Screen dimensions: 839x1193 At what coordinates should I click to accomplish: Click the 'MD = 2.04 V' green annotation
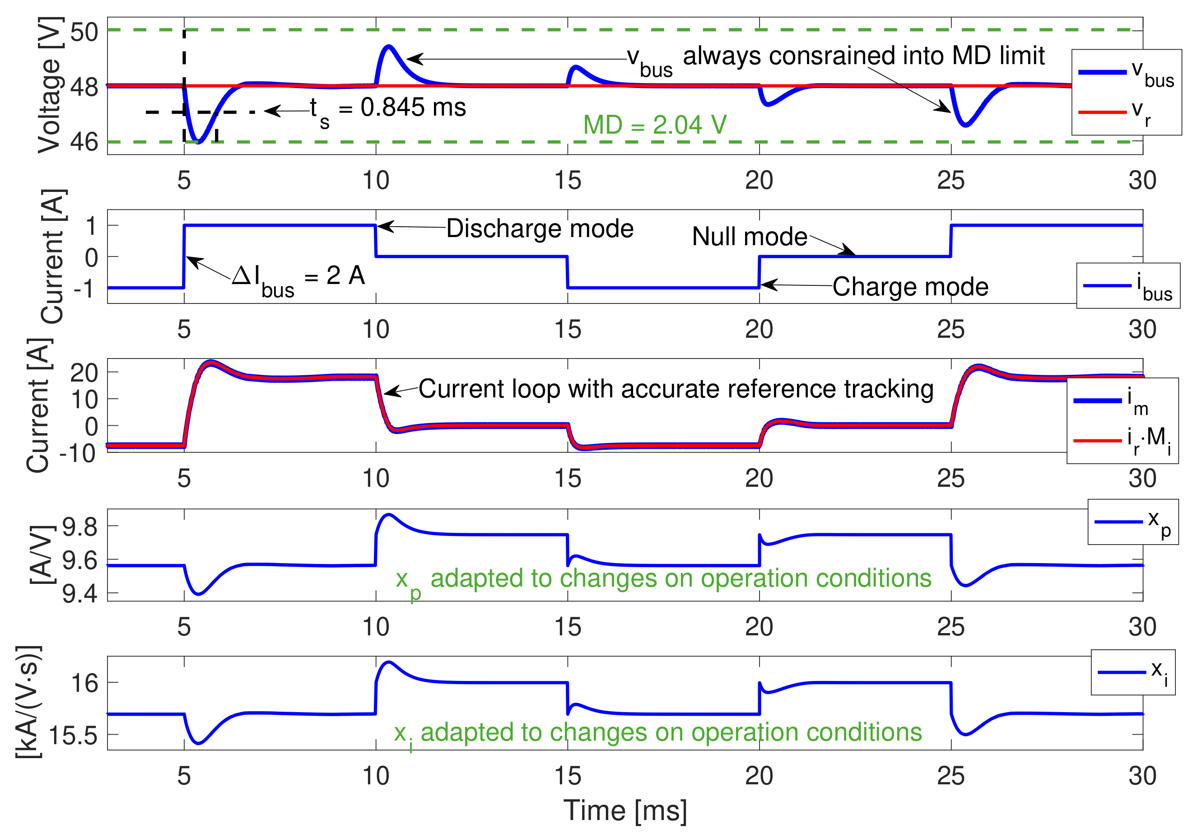654,125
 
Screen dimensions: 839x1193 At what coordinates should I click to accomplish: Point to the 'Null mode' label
749,237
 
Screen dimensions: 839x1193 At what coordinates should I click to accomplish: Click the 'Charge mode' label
910,287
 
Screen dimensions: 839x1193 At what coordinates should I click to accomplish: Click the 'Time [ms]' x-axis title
625,811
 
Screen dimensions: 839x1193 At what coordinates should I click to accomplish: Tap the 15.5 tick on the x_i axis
73,736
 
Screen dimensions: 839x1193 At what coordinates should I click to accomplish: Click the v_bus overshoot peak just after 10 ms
389,47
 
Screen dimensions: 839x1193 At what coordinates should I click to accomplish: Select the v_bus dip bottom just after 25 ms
965,125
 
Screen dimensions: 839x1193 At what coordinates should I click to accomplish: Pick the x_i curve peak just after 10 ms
389,662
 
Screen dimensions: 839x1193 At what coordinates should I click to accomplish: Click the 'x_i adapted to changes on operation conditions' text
657,732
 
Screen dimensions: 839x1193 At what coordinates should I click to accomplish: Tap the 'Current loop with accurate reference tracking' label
676,389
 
